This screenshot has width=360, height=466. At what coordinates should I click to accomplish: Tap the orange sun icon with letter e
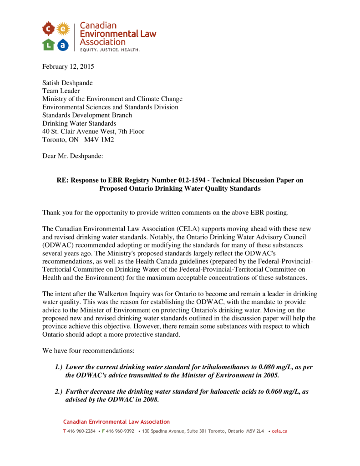pos(63,29)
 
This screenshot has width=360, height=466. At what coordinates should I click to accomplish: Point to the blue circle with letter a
pos(63,44)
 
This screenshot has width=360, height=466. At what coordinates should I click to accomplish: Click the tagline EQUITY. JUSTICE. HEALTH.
pos(110,49)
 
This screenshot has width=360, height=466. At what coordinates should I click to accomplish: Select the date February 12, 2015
pos(68,66)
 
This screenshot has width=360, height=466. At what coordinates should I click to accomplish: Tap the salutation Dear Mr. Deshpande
pos(73,156)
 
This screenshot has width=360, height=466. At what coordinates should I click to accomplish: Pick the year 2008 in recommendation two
pos(150,400)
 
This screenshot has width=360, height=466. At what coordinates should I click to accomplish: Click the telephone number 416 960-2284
pos(82,431)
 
